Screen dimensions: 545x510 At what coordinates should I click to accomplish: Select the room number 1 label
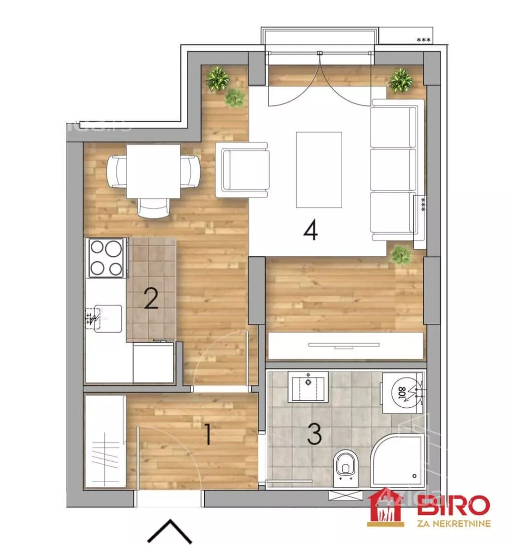click(207, 434)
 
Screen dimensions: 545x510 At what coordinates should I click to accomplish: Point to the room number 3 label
click(314, 434)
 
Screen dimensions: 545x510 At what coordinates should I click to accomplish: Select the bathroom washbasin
click(308, 387)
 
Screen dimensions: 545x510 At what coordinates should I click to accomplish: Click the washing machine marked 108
click(403, 393)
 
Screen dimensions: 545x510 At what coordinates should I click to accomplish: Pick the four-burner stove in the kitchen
click(106, 258)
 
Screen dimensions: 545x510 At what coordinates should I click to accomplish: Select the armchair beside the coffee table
click(242, 170)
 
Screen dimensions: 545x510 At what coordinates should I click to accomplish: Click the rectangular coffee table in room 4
click(318, 170)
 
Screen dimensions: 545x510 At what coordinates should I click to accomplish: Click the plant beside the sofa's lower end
click(401, 254)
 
